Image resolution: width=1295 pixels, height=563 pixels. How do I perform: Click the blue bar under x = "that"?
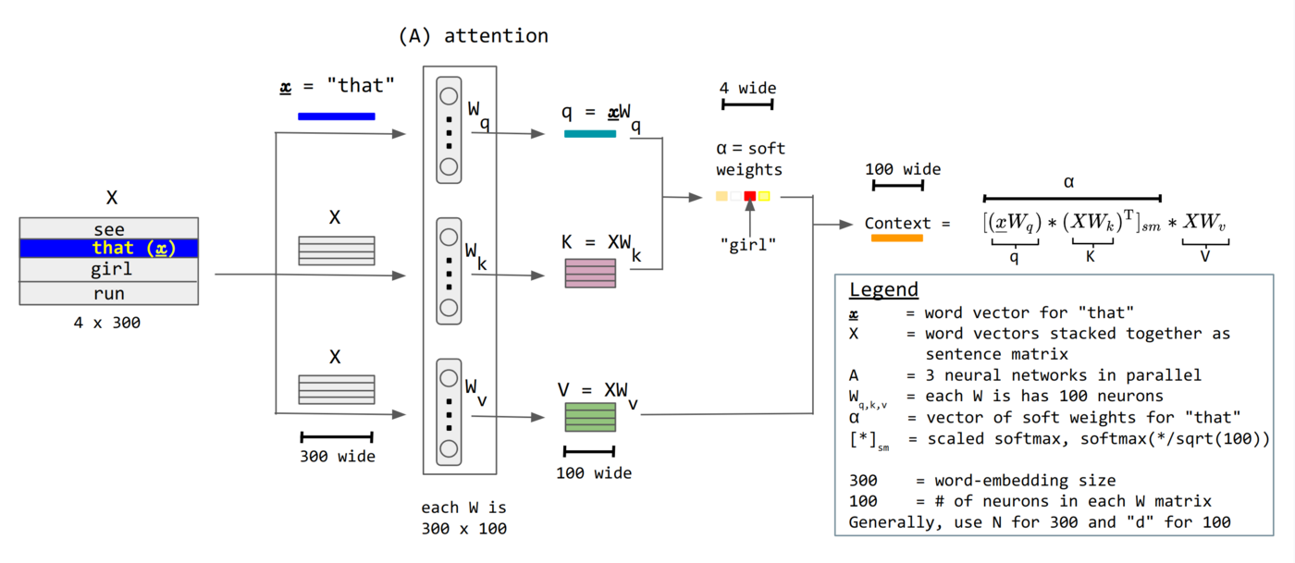click(x=336, y=116)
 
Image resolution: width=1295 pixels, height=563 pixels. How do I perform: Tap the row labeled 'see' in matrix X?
click(x=109, y=228)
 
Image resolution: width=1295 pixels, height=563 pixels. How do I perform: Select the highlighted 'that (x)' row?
click(x=109, y=248)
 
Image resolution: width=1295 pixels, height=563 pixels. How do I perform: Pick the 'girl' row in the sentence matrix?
click(x=109, y=269)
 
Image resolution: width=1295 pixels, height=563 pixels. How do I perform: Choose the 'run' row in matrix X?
click(x=109, y=293)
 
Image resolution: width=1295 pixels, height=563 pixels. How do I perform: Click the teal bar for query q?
click(x=589, y=134)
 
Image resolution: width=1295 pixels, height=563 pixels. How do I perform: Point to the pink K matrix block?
click(x=590, y=274)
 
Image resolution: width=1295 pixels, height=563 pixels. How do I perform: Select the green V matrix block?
click(x=590, y=416)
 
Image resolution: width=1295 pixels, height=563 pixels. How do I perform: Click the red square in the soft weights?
click(x=750, y=196)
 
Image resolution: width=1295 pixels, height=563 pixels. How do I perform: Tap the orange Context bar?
click(x=896, y=239)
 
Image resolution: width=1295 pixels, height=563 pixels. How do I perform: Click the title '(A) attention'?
click(x=473, y=36)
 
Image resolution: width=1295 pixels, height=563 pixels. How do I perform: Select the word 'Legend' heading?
click(x=883, y=289)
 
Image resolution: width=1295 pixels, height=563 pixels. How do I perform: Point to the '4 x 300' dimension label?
click(x=107, y=324)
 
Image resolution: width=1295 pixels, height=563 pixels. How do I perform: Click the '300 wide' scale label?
click(x=337, y=456)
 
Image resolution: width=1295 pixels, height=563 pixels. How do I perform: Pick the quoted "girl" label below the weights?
click(x=748, y=243)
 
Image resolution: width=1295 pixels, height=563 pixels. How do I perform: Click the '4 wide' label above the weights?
click(x=747, y=89)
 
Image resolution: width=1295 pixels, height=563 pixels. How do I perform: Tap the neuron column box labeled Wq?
click(x=449, y=130)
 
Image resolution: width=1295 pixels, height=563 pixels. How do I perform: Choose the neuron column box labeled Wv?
click(x=449, y=413)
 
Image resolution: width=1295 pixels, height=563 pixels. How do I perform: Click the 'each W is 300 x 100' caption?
click(x=463, y=519)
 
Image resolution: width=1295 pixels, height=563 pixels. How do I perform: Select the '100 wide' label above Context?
click(x=902, y=169)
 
